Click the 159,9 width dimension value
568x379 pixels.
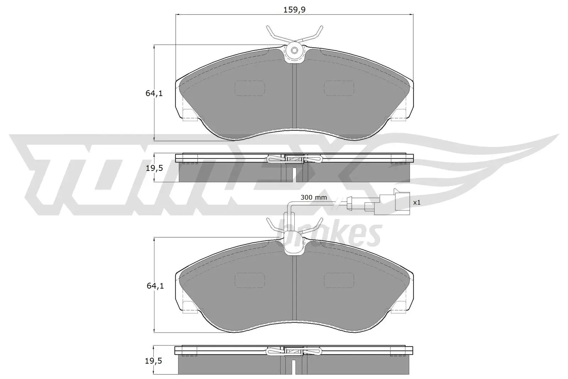pos(294,10)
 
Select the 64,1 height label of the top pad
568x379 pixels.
pos(154,94)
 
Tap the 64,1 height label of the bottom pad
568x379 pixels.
pos(154,286)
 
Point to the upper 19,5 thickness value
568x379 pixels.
pos(154,168)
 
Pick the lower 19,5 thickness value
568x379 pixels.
pos(154,361)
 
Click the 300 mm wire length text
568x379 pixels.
pos(313,197)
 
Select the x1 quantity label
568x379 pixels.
pos(417,202)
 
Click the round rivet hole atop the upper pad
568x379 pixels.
pos(294,50)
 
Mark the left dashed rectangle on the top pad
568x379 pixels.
pos(250,88)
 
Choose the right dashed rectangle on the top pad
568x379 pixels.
pos(339,88)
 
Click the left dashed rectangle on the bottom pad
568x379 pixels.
pos(250,281)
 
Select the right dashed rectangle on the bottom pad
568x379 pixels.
pos(339,281)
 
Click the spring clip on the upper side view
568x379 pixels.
pos(294,159)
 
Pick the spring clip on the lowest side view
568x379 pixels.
pos(294,352)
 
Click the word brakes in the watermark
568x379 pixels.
pos(332,233)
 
